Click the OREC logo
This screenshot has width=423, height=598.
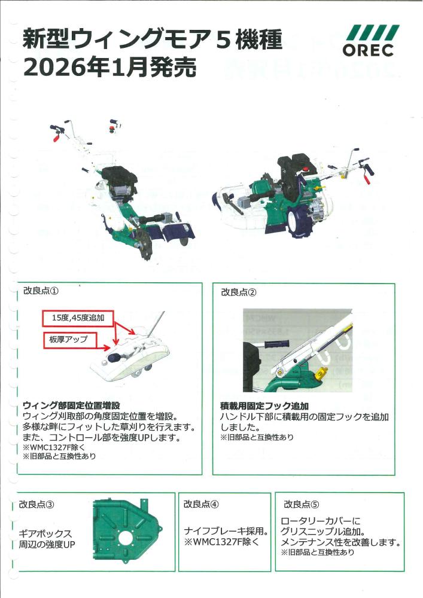pyautogui.click(x=370, y=41)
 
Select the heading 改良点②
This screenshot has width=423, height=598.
pyautogui.click(x=239, y=292)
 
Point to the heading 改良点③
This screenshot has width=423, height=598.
pyautogui.click(x=37, y=504)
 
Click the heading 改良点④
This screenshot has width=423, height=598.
pyautogui.click(x=201, y=504)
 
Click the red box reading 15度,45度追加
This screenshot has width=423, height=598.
pyautogui.click(x=78, y=318)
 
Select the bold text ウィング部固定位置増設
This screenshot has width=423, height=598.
pyautogui.click(x=76, y=405)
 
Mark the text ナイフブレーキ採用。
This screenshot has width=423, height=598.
pyautogui.click(x=227, y=531)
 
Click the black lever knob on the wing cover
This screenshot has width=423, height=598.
pyautogui.click(x=111, y=358)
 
